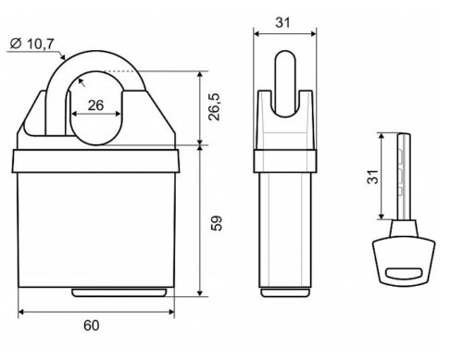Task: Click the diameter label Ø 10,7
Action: coord(32,43)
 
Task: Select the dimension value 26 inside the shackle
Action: coord(96,105)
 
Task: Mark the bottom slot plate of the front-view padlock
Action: coord(119,295)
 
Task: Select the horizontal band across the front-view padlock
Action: coord(96,159)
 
